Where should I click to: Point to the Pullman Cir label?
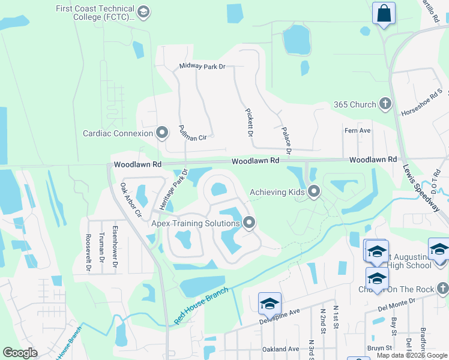click(x=192, y=133)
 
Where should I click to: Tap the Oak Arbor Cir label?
click(x=130, y=200)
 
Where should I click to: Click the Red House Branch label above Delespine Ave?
click(x=201, y=306)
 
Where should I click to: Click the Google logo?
click(x=20, y=353)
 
